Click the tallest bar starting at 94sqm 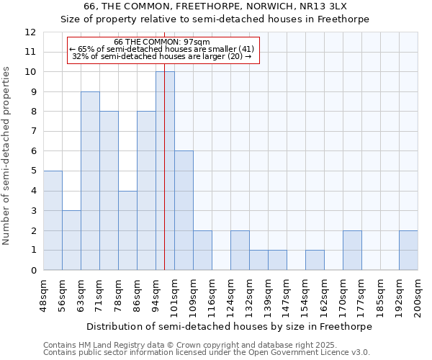point(165,171)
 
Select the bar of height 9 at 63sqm point(90,181)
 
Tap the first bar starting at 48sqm point(53,220)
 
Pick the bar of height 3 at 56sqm point(71,240)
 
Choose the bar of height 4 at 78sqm point(127,230)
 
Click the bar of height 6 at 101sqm point(184,210)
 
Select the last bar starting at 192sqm point(408,251)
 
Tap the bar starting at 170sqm point(352,251)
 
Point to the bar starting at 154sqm point(315,260)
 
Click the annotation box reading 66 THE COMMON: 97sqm point(162,50)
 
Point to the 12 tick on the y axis point(31,32)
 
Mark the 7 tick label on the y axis point(32,132)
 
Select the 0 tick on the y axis point(32,271)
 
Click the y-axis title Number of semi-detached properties point(7,156)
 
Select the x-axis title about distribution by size point(230,327)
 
